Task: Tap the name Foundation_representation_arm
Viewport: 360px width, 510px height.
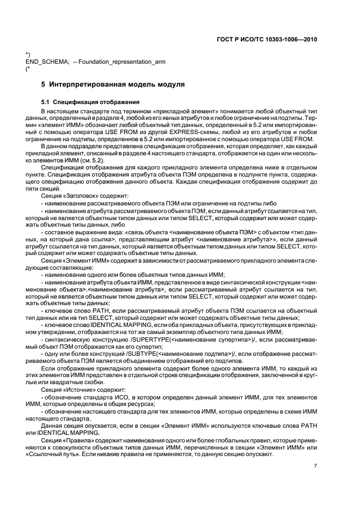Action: click(123, 62)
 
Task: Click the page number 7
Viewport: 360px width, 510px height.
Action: click(315, 466)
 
